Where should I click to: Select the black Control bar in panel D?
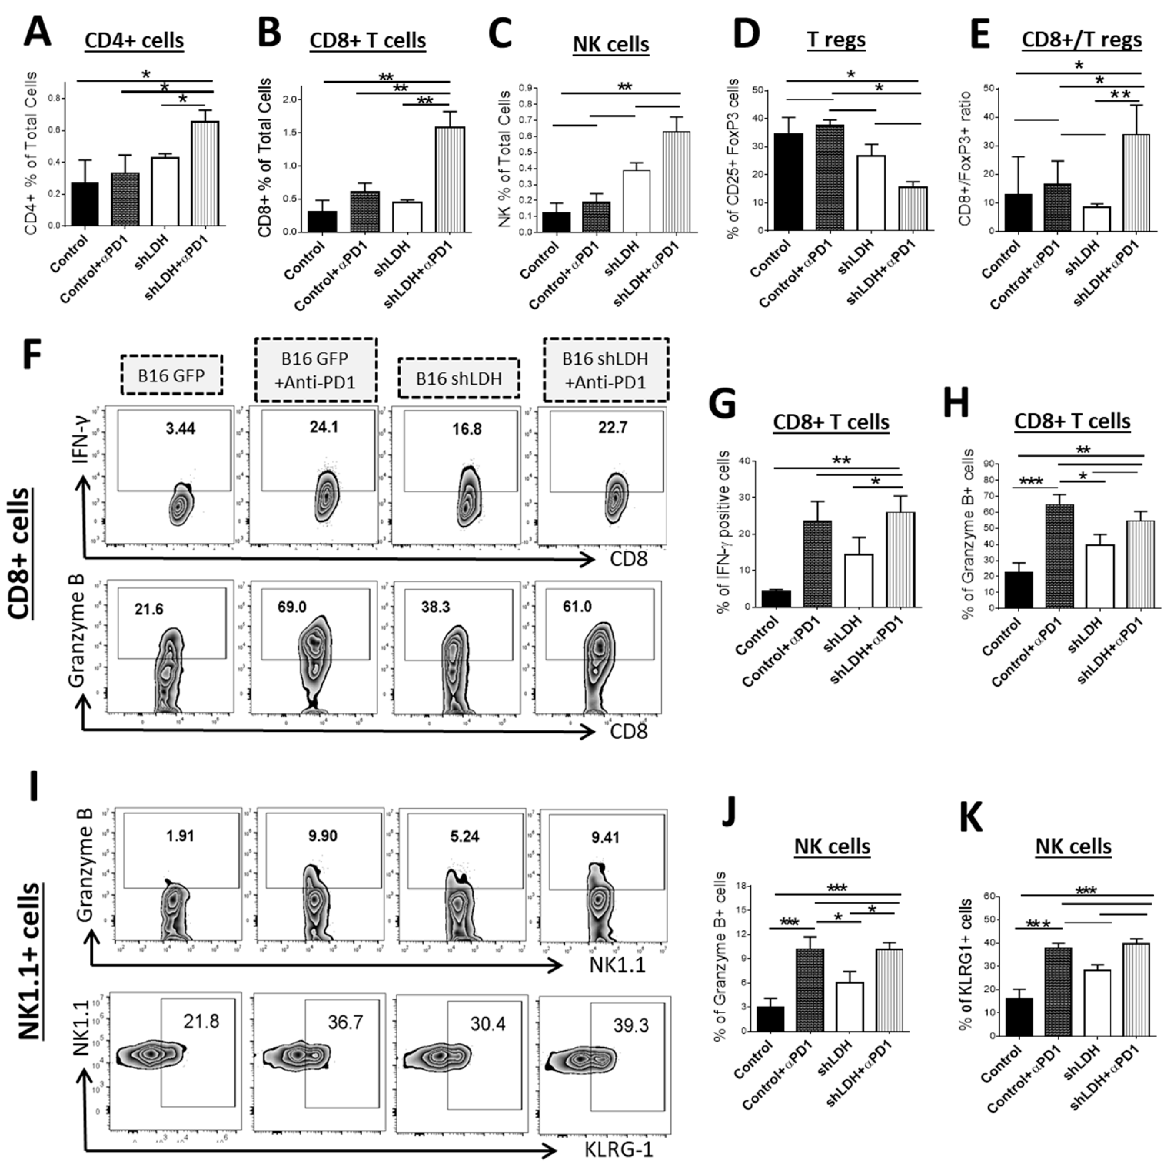788,182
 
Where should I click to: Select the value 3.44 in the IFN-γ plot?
180,429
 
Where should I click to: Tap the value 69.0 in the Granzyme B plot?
292,607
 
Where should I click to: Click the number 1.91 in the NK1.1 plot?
180,836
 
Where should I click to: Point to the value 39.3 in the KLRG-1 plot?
631,1025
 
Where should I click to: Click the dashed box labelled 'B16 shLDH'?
459,378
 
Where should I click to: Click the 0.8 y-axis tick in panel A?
57,98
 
